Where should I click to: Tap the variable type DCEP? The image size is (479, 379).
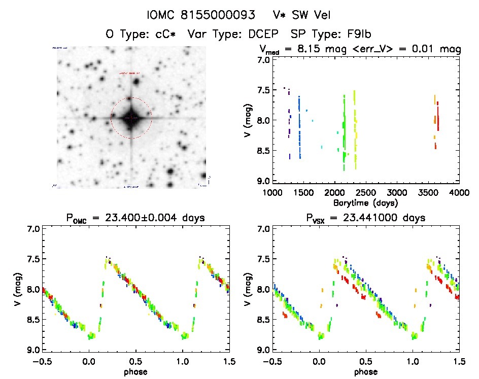point(260,35)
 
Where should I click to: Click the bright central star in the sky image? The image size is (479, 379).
point(131,117)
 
